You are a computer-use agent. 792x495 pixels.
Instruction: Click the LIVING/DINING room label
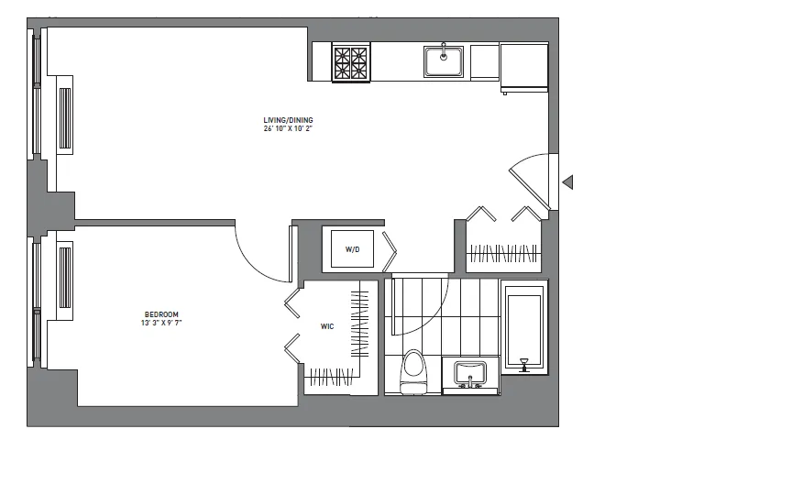tap(288, 119)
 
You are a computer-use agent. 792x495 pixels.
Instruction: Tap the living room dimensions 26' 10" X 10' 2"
tap(288, 128)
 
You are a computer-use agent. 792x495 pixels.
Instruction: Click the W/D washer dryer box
tap(352, 248)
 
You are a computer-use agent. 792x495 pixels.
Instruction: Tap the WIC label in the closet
tap(326, 325)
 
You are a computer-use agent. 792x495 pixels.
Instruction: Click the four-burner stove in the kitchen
tap(349, 62)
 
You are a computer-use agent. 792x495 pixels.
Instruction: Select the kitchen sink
tap(444, 61)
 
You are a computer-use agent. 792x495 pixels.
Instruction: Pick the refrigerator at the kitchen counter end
tap(523, 66)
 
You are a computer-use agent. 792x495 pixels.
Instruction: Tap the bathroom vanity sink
tap(470, 375)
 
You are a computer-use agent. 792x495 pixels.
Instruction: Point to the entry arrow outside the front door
tap(567, 182)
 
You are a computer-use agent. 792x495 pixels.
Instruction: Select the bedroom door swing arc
tap(260, 257)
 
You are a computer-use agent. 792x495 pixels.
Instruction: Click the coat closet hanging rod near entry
tap(504, 252)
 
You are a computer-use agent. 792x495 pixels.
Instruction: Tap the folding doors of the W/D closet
tap(390, 247)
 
